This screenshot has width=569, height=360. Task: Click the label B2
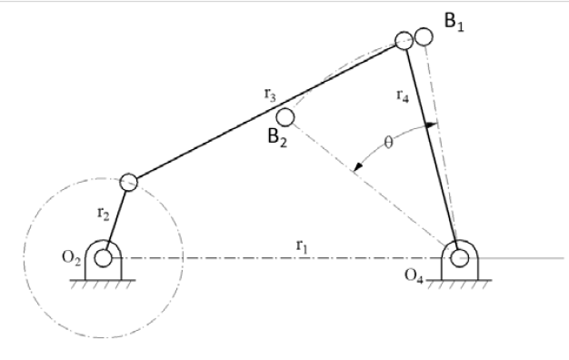pos(276,138)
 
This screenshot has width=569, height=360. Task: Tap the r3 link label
pos(270,93)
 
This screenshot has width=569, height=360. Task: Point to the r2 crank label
pos(103,215)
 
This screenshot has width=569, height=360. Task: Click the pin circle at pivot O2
pos(103,258)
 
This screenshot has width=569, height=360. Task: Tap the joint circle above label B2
pos(285,117)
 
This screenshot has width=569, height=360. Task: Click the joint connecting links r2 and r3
pos(128,182)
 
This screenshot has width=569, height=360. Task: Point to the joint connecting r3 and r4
pos(404,41)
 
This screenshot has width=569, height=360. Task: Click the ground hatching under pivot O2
pos(103,283)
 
